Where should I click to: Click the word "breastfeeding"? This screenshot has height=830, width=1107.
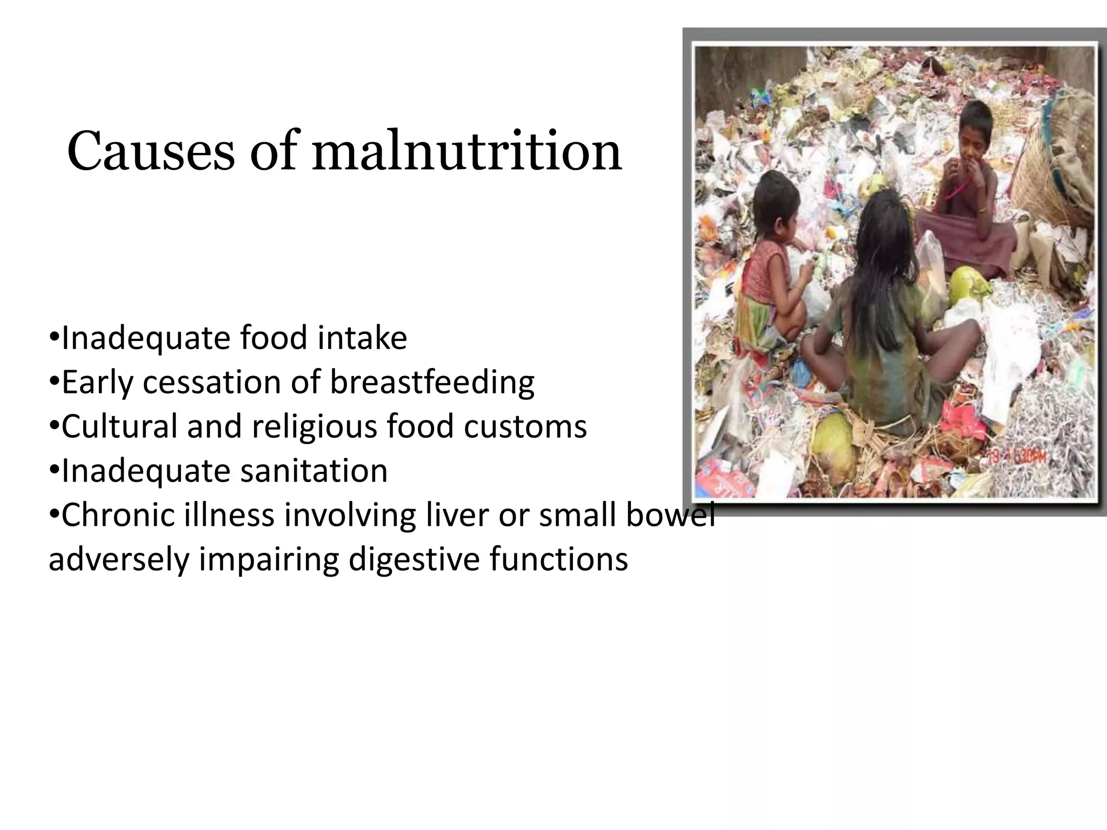(432, 383)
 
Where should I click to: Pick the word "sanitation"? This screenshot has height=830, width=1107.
(314, 471)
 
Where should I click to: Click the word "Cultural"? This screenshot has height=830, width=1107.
(119, 427)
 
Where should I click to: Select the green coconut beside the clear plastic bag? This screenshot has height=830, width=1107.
(968, 285)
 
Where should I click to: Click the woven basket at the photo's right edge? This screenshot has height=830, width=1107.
(1046, 178)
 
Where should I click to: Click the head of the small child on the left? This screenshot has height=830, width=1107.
(776, 203)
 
